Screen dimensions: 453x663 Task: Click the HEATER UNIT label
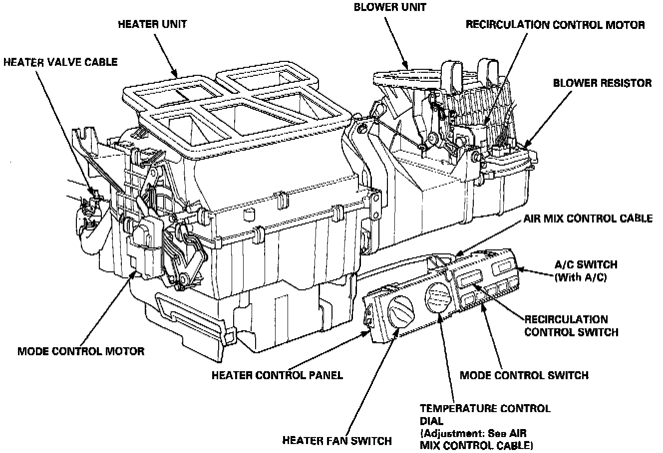pyautogui.click(x=152, y=24)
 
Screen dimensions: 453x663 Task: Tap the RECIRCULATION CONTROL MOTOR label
pyautogui.click(x=555, y=24)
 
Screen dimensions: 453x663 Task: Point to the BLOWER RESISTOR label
pyautogui.click(x=602, y=83)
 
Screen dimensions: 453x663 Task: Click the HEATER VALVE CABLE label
pyautogui.click(x=60, y=62)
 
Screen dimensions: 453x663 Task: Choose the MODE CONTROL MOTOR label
pyautogui.click(x=81, y=351)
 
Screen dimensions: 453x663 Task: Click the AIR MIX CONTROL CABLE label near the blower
pyautogui.click(x=588, y=219)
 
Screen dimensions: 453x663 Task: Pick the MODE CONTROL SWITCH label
pyautogui.click(x=524, y=375)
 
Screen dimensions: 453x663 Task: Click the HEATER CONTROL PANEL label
pyautogui.click(x=277, y=375)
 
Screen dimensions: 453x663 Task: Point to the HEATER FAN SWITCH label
pyautogui.click(x=336, y=441)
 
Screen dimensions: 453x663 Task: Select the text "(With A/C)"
pyautogui.click(x=581, y=277)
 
